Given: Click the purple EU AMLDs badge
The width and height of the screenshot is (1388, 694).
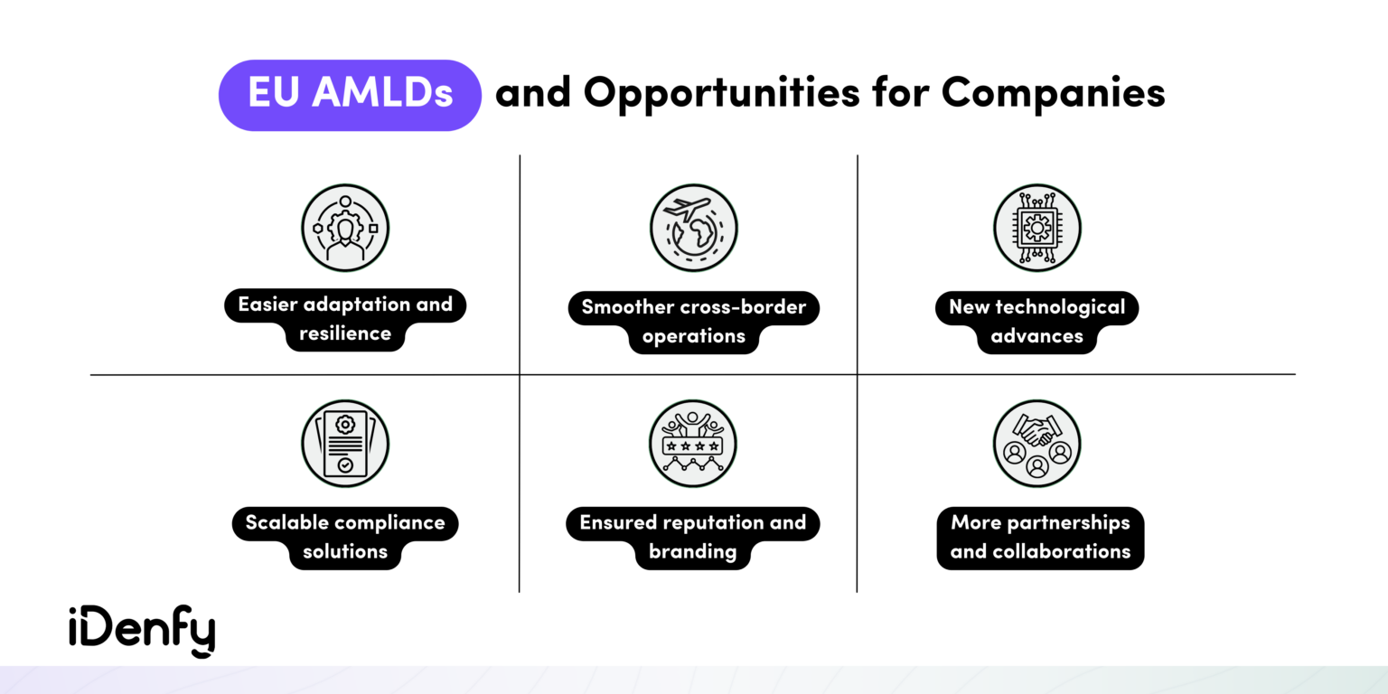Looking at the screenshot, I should point(350,95).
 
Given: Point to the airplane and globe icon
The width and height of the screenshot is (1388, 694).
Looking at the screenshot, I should point(693,228).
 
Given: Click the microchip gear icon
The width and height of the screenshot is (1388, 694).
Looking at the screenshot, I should point(1036,228).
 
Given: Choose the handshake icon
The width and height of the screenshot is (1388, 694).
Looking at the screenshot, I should point(1036,444).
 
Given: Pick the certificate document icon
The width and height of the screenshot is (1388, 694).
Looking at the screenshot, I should point(345,444).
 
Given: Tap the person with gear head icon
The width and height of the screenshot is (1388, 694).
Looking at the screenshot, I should point(345,228).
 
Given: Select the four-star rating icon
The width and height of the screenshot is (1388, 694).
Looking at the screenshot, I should point(692,444).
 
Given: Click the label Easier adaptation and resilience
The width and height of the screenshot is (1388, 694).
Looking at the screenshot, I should point(345,319).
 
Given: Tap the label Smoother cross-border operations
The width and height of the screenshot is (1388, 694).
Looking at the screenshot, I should point(693,321).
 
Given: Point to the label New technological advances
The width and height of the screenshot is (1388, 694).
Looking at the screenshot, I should point(1036,321).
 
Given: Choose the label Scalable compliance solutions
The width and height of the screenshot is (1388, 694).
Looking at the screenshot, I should point(345,537).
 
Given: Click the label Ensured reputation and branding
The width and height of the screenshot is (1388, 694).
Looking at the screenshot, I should point(692,537).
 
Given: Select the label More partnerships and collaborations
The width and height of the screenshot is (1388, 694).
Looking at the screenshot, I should point(1040,537).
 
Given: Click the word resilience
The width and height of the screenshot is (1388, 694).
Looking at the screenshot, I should point(345,333).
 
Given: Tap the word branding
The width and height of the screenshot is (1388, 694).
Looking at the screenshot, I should point(692,551).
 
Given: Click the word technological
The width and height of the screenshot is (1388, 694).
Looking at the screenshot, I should point(1060,307).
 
